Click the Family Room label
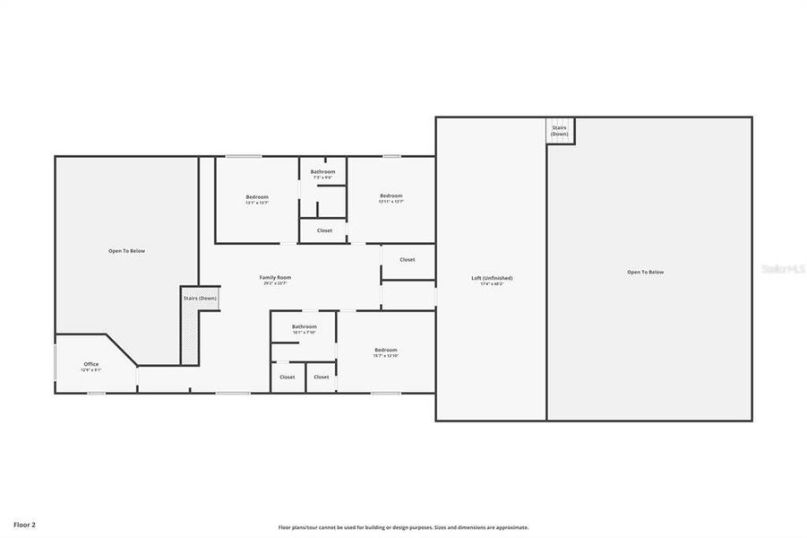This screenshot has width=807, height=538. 275,277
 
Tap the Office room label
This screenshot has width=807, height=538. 91,363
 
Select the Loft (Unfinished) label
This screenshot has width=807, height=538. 492,278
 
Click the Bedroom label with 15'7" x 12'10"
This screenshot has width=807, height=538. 386,350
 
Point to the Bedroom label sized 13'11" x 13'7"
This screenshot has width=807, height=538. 391,195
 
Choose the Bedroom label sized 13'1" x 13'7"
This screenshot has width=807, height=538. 257,196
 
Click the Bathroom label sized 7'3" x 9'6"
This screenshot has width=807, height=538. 322,171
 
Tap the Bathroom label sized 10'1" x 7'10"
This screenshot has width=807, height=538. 305,326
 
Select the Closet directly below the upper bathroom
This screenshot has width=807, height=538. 324,230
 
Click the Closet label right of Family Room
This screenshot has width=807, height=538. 408,259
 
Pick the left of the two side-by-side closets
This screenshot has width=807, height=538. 288,377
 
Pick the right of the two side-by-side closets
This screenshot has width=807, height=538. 322,377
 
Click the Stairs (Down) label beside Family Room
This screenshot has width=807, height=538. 200,298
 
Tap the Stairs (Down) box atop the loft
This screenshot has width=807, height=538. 560,131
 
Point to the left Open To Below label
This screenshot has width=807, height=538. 126,251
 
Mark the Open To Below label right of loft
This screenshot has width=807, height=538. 645,272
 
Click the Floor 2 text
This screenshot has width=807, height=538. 25,524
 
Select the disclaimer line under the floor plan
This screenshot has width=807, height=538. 403,527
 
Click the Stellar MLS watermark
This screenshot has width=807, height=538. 782,268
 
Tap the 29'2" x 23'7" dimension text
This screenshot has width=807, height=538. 275,283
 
